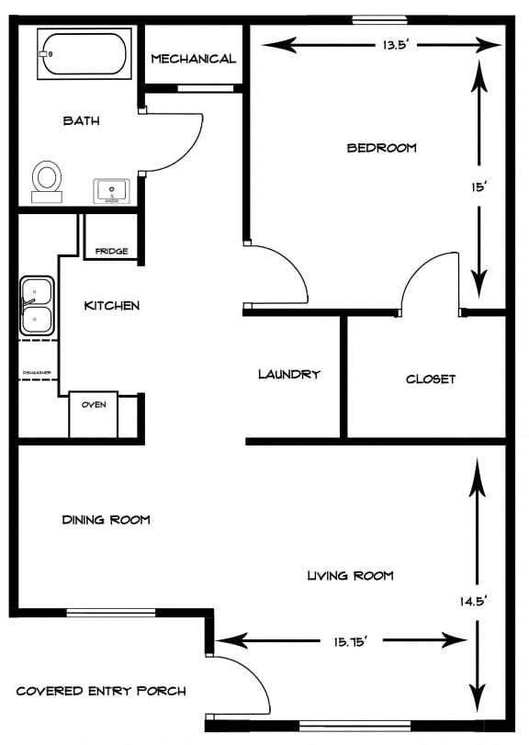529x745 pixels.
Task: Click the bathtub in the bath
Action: pyautogui.click(x=83, y=54)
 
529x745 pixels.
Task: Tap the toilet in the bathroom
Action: pyautogui.click(x=47, y=179)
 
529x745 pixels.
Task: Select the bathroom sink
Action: pyautogui.click(x=112, y=191)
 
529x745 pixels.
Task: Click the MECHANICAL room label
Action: pyautogui.click(x=193, y=59)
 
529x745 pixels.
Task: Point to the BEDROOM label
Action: pyautogui.click(x=381, y=148)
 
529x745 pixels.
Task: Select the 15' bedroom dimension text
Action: pyautogui.click(x=478, y=187)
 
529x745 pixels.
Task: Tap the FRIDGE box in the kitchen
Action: pyautogui.click(x=111, y=251)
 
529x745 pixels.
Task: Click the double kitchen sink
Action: pyautogui.click(x=36, y=307)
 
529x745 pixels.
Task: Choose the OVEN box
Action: pyautogui.click(x=94, y=405)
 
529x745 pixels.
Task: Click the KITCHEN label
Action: pyautogui.click(x=112, y=305)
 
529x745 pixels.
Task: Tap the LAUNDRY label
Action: pyautogui.click(x=289, y=374)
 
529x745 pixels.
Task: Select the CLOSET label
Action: pyautogui.click(x=431, y=378)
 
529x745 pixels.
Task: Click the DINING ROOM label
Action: pyautogui.click(x=106, y=520)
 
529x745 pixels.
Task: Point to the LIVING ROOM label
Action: pyautogui.click(x=350, y=576)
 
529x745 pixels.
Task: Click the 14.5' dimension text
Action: pyautogui.click(x=475, y=602)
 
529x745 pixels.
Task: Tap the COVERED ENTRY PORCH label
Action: pyautogui.click(x=101, y=691)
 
